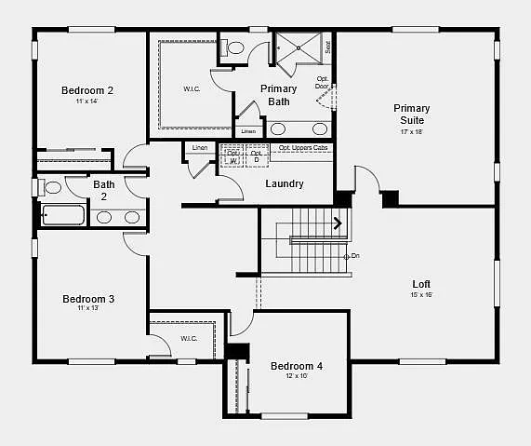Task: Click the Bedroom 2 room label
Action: click(87, 90)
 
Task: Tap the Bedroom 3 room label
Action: click(88, 299)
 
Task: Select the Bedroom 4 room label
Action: click(297, 366)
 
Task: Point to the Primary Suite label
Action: click(412, 115)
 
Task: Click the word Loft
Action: click(421, 284)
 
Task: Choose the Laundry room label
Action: click(285, 183)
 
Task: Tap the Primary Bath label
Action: click(278, 95)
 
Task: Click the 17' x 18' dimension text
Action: click(411, 132)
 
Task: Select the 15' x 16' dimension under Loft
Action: click(421, 295)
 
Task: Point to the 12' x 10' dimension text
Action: click(297, 376)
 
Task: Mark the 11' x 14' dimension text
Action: click(87, 101)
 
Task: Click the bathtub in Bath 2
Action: click(63, 217)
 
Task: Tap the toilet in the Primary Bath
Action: click(236, 47)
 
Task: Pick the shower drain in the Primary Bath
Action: click(299, 43)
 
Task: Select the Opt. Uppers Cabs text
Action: click(303, 148)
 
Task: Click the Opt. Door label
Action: click(322, 82)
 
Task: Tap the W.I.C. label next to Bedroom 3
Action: click(189, 338)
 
